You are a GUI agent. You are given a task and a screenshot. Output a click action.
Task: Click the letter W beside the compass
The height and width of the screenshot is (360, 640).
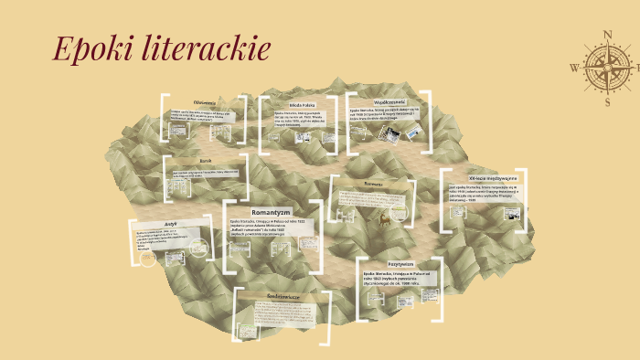click(x=573, y=67)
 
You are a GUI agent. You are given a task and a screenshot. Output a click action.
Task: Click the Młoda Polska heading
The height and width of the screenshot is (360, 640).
click(x=302, y=105)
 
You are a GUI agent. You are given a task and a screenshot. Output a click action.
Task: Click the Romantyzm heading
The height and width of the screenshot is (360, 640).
click(x=270, y=211)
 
